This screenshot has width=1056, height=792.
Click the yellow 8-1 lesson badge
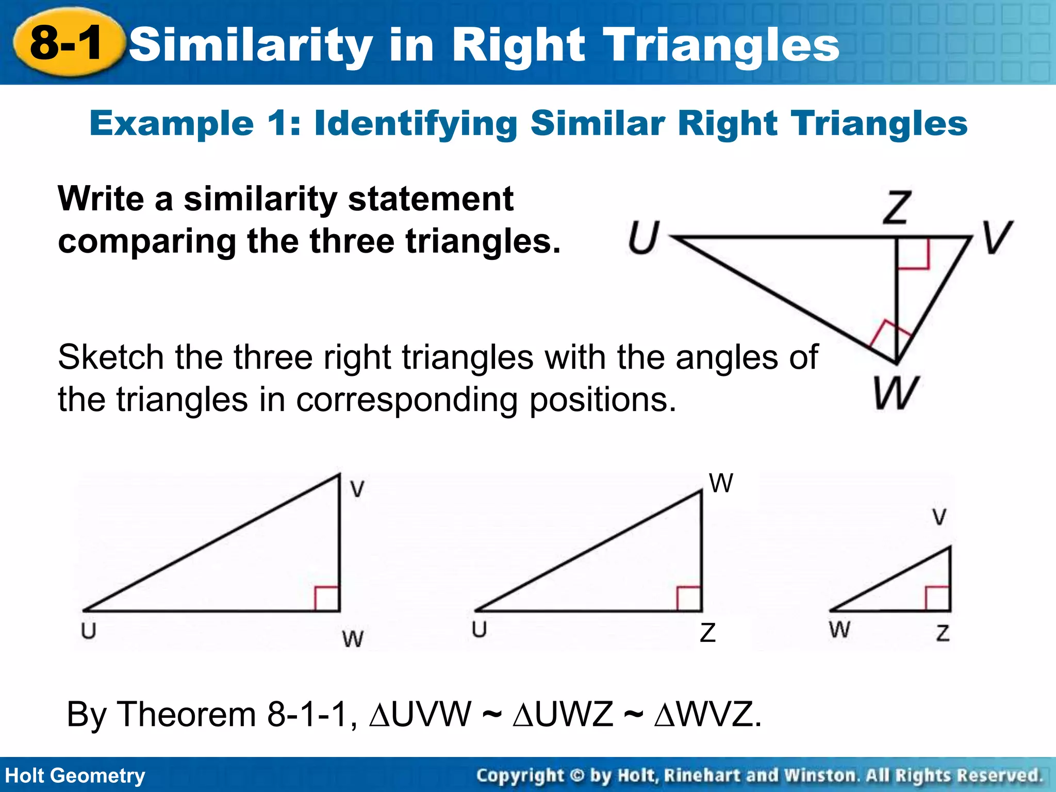[x=68, y=43]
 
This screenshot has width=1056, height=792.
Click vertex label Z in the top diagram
[x=897, y=207]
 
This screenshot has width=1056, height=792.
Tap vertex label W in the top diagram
[x=896, y=392]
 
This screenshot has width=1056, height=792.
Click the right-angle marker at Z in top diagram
[x=913, y=253]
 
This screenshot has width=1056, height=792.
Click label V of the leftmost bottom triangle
[x=357, y=489]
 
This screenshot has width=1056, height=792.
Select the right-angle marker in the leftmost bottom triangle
[x=327, y=599]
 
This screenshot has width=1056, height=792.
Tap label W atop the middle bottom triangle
[x=720, y=484]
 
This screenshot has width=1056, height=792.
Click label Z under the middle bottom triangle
[x=708, y=633]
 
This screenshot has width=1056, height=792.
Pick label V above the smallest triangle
[x=939, y=517]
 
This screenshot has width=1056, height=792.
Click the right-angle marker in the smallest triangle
[x=938, y=598]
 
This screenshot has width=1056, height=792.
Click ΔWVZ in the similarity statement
[x=703, y=715]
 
